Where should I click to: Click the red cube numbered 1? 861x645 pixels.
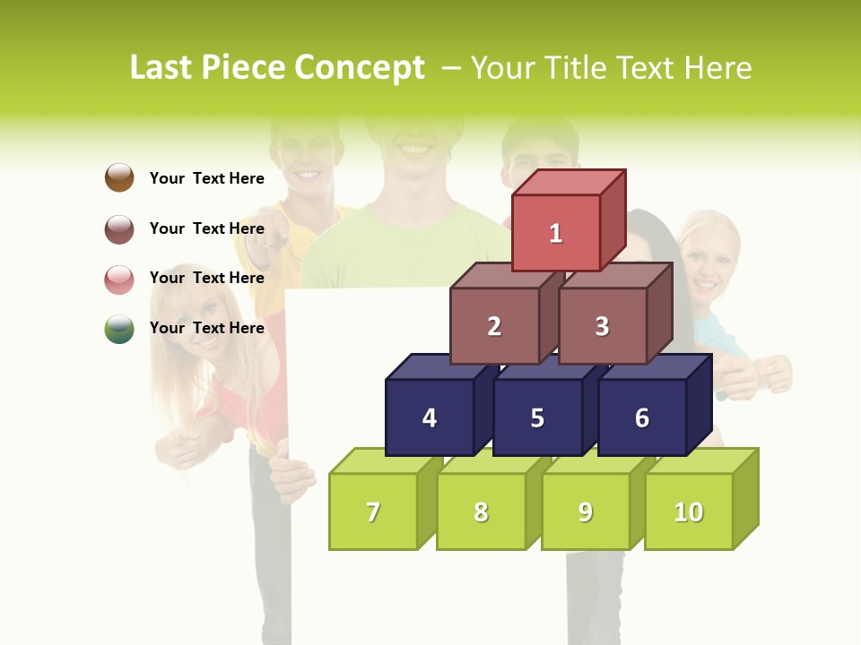pos(556,233)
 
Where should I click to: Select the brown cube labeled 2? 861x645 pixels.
pos(494,326)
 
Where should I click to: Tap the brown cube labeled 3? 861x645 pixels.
pos(602,326)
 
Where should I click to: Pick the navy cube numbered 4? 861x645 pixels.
pos(430,417)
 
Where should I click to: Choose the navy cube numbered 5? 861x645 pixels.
pos(537,417)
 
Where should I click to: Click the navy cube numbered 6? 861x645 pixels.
pos(642,417)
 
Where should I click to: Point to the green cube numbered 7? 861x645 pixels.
pos(373,512)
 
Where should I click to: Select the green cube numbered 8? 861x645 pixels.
pos(481,512)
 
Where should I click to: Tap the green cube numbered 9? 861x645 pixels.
pos(586,512)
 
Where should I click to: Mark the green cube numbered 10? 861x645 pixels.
pos(689,512)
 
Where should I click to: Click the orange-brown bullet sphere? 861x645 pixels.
pos(119,177)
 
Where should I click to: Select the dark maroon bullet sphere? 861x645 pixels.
pos(119,228)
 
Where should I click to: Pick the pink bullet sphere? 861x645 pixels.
pos(119,279)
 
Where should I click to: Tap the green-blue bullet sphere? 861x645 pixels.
pos(119,329)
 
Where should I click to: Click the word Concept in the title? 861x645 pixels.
pos(360,68)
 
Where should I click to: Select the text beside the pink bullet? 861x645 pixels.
pos(207,278)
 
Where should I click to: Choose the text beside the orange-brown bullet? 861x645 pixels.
pos(207,178)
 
